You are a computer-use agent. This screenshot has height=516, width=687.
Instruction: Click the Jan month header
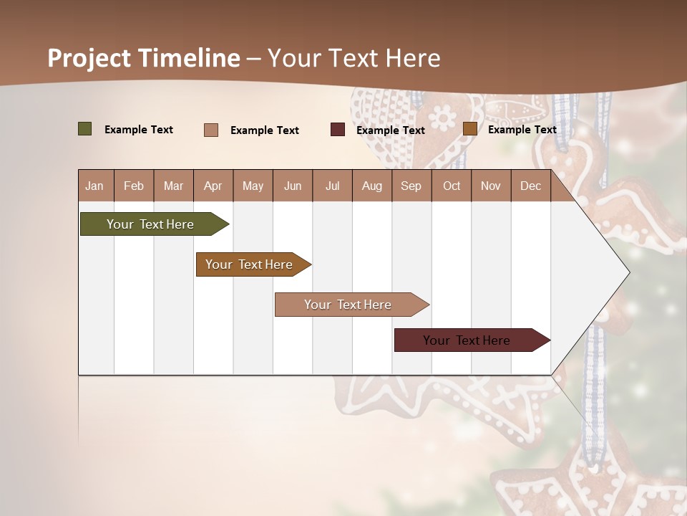click(94, 186)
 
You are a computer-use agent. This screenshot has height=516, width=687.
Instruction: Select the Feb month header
click(134, 186)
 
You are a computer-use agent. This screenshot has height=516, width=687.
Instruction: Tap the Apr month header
click(213, 186)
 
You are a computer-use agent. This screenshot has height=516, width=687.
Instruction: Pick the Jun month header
click(293, 186)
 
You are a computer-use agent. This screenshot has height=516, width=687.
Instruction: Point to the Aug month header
click(371, 186)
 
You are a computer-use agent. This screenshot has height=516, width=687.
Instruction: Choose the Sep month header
click(411, 186)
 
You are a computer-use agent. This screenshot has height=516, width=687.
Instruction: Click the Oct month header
click(452, 186)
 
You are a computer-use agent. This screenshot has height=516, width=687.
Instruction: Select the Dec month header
click(530, 186)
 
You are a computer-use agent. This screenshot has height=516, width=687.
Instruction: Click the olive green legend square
click(85, 129)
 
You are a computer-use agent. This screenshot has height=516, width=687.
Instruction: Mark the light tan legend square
click(211, 130)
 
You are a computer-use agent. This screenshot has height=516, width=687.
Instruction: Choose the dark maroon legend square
click(338, 130)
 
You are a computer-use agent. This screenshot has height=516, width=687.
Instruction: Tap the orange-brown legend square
click(469, 129)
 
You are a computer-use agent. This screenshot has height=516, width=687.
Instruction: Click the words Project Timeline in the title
click(144, 58)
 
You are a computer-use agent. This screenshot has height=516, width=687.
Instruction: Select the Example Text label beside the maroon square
click(390, 130)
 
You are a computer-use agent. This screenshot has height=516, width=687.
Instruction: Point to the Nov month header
click(491, 186)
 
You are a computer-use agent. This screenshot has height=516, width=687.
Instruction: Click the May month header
click(253, 186)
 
